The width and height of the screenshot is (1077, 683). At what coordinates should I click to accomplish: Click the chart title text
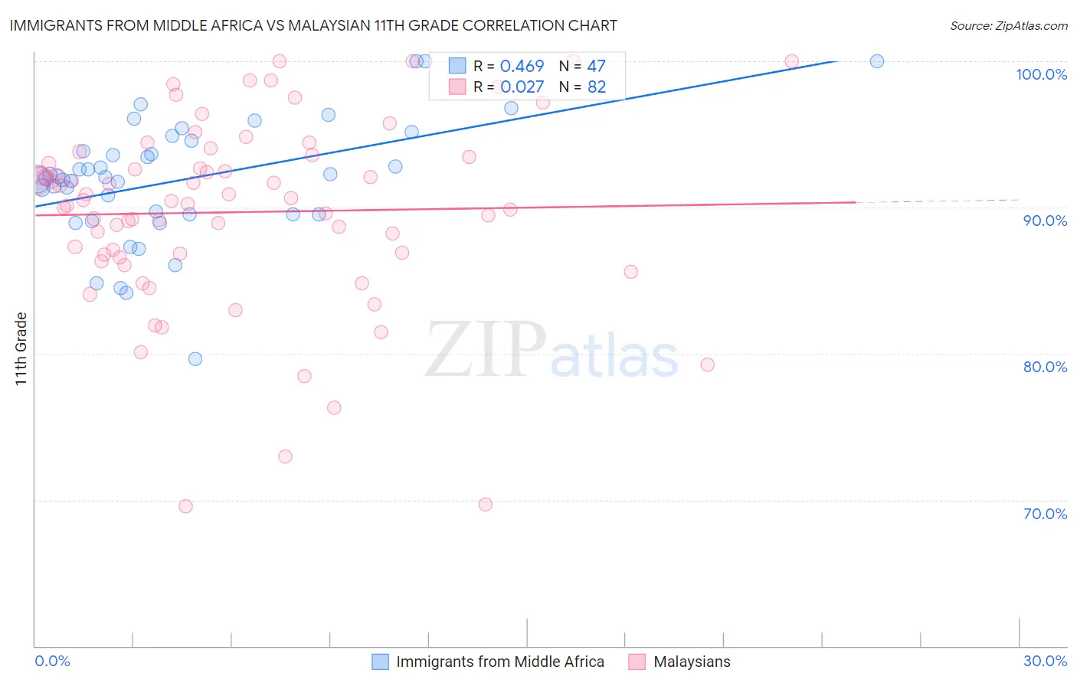click(x=313, y=25)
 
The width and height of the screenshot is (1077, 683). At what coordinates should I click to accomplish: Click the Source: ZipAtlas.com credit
click(x=1008, y=25)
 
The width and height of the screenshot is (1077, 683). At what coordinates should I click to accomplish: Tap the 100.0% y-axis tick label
click(x=1041, y=74)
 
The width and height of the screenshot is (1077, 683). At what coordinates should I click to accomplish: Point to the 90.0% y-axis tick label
click(x=1044, y=221)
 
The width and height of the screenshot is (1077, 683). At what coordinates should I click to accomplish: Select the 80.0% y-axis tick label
click(x=1044, y=367)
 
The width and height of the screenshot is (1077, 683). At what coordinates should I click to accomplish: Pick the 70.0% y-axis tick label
click(x=1045, y=514)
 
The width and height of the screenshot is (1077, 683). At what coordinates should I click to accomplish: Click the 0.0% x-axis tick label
click(x=52, y=661)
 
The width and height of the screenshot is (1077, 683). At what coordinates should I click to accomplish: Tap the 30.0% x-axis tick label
click(x=1045, y=661)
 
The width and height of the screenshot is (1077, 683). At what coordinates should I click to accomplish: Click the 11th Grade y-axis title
click(x=21, y=348)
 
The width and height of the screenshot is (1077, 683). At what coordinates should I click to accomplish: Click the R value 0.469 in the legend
click(x=522, y=67)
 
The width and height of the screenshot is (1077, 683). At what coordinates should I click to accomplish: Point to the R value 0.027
click(x=522, y=87)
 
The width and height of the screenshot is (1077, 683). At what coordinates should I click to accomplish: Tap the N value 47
click(x=596, y=67)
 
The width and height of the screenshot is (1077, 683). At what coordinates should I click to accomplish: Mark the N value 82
click(x=596, y=87)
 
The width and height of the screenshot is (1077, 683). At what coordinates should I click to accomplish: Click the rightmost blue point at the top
click(x=877, y=61)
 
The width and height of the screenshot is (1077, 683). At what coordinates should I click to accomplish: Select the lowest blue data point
click(x=195, y=359)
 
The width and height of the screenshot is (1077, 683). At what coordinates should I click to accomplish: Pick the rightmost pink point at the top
click(x=791, y=61)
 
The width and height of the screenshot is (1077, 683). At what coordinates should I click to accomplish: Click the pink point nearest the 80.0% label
click(x=707, y=364)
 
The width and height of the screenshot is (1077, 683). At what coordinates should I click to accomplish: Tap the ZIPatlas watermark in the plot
click(x=552, y=351)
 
